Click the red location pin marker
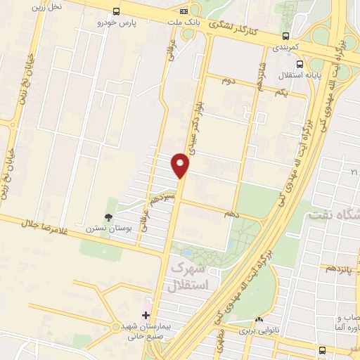point(181,166)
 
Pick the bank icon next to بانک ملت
point(184,11)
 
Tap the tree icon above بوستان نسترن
point(108,217)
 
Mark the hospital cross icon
point(146,315)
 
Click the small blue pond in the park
point(186,252)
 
